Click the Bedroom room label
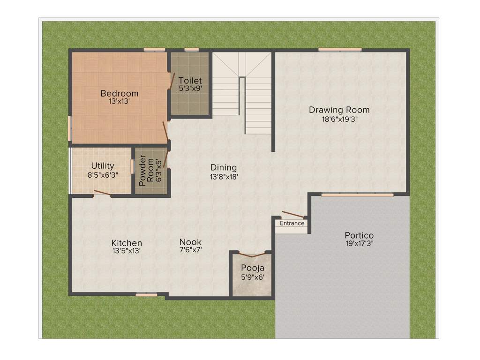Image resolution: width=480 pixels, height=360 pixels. click(x=120, y=93)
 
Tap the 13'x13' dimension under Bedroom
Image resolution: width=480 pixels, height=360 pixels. click(x=120, y=101)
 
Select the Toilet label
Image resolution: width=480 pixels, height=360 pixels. click(x=190, y=81)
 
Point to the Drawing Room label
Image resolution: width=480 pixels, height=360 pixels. click(x=339, y=110)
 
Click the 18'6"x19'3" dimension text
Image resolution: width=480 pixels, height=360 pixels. click(x=339, y=119)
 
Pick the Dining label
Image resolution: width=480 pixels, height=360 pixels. click(x=224, y=167)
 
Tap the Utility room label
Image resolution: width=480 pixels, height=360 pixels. click(x=103, y=166)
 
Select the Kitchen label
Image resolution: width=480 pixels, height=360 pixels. click(x=127, y=243)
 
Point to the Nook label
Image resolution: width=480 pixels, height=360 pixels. click(x=191, y=242)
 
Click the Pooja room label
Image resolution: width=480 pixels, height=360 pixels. click(x=253, y=268)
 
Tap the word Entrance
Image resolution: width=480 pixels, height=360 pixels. click(x=292, y=223)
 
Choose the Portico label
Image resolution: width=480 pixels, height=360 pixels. click(x=359, y=235)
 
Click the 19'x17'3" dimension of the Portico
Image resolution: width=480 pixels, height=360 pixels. click(x=359, y=243)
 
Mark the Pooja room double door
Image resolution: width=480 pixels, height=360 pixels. click(x=252, y=255)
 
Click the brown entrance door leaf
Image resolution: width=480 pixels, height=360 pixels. click(x=292, y=214)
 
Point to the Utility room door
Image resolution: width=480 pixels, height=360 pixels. click(x=102, y=192)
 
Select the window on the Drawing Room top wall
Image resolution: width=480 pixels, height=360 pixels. click(x=340, y=49)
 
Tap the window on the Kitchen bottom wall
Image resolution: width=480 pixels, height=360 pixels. click(x=146, y=294)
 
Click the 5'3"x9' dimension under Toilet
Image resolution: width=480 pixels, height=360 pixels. click(x=190, y=88)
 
